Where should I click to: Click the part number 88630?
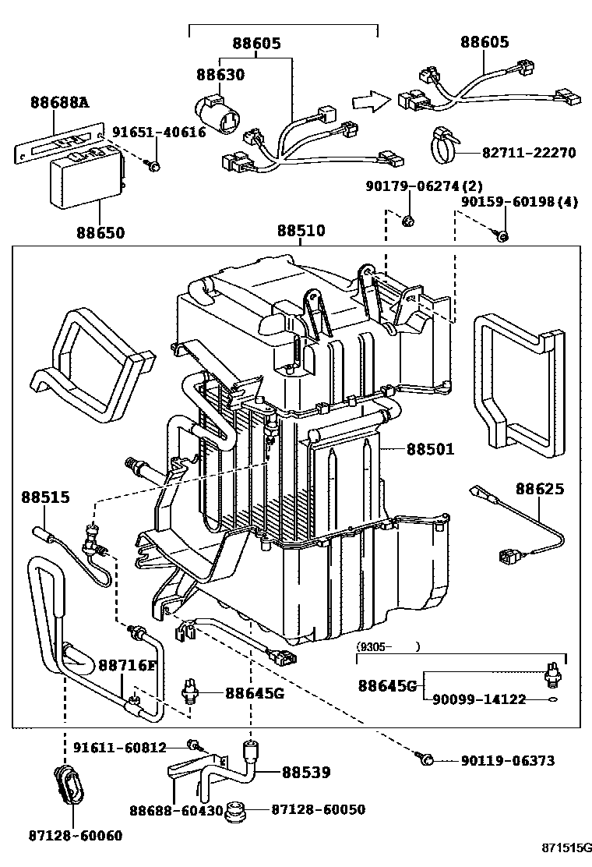click(x=220, y=76)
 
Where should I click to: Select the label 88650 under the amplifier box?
click(x=100, y=232)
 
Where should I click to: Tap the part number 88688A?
click(x=60, y=101)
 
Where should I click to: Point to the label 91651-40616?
click(x=159, y=133)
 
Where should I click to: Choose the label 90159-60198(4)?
click(x=519, y=203)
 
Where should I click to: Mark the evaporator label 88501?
click(x=430, y=449)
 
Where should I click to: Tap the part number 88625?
click(x=540, y=489)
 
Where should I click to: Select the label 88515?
click(x=45, y=497)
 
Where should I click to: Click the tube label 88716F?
click(x=127, y=665)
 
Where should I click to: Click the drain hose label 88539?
click(x=306, y=773)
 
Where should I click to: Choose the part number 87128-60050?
click(x=318, y=810)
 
